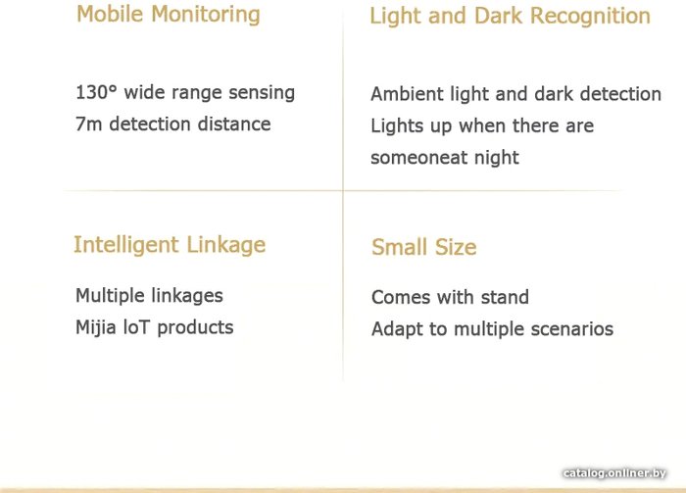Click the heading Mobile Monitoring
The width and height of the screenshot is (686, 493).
tap(169, 15)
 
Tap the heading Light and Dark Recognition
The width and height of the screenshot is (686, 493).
tap(511, 17)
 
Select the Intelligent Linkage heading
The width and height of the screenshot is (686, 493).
tap(170, 245)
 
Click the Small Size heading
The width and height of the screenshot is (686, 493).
tap(424, 247)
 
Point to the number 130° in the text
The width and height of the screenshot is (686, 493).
tap(97, 93)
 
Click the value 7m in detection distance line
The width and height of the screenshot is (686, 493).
tap(89, 124)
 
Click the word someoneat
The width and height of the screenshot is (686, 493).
tap(418, 158)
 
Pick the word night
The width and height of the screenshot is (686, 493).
tap(497, 158)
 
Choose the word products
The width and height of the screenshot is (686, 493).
tap(195, 328)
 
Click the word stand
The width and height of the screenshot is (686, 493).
tap(505, 297)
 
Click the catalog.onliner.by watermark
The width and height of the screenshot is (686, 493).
tap(614, 473)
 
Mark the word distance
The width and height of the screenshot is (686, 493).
tap(234, 124)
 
